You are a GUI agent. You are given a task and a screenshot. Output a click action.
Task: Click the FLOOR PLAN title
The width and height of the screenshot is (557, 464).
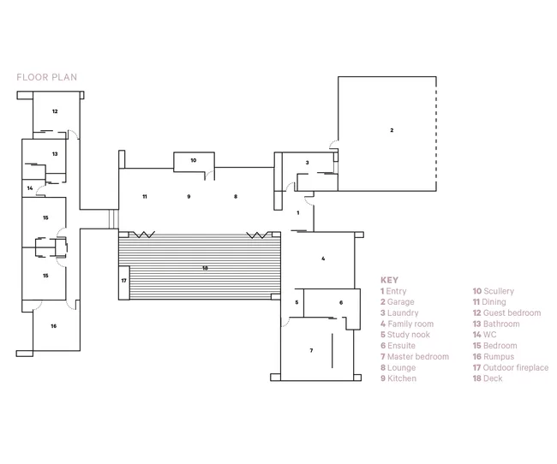46,77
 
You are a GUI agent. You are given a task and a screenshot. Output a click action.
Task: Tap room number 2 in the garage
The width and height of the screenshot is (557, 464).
392,130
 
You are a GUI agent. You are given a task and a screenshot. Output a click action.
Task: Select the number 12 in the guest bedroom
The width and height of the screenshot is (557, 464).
55,111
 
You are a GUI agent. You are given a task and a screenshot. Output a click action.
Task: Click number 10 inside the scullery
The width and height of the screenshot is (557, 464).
194,160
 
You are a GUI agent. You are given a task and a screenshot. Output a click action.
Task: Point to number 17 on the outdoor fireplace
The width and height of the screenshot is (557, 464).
123,281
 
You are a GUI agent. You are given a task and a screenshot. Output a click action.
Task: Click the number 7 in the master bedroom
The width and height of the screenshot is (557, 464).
311,350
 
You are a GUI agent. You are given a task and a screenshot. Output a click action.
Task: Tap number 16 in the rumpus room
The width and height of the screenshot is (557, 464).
54,326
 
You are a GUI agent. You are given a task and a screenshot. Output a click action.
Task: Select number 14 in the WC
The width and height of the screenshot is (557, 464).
30,188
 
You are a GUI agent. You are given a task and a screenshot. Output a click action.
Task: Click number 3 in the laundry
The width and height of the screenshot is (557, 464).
308,163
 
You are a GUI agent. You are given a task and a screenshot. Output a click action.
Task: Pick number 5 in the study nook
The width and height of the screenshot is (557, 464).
296,302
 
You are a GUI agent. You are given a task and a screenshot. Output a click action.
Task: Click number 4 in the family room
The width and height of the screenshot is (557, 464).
323,259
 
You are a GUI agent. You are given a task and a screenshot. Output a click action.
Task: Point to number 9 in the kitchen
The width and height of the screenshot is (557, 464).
189,196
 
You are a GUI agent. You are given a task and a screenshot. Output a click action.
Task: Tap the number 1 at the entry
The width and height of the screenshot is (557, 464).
298,212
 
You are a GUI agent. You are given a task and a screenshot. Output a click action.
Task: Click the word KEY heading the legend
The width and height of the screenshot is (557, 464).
389,280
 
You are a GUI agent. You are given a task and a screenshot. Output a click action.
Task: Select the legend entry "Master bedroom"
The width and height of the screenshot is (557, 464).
418,356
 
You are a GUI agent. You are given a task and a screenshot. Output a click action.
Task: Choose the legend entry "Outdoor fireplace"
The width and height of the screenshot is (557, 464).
516,367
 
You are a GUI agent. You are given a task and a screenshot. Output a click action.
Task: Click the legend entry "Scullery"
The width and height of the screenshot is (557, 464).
499,291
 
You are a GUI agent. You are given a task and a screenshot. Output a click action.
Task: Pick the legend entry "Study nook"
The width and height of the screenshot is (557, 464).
409,335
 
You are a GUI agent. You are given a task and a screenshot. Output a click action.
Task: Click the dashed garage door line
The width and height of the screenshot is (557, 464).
436,134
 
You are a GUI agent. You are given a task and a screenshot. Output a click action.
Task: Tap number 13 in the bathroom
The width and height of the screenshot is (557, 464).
55,154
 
